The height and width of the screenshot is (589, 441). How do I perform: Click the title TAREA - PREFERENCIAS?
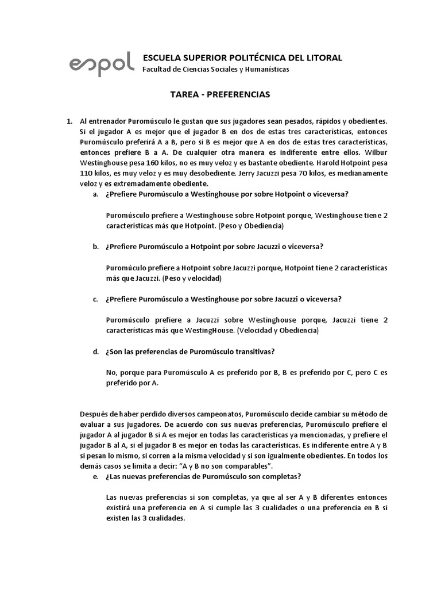coord(220,94)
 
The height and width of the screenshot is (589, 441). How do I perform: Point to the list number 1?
coord(69,121)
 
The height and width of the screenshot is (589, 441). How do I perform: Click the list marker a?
coord(95,194)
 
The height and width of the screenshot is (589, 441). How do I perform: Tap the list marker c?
coord(95,299)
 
